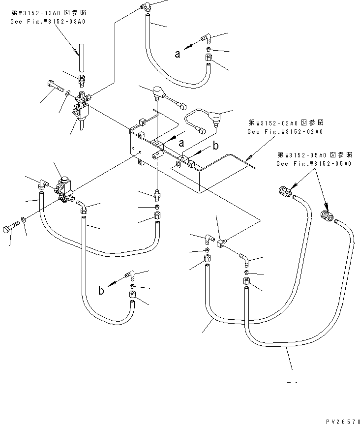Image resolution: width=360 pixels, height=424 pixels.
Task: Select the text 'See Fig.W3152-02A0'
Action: [x=285, y=132]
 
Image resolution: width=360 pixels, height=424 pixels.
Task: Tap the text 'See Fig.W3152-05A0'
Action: [x=313, y=164]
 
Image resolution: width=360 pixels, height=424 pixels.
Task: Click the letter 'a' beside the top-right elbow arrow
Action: [x=178, y=55]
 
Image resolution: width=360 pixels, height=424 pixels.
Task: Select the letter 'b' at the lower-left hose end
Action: [x=101, y=291]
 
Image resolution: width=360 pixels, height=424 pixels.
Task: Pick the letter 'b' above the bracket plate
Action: [x=215, y=146]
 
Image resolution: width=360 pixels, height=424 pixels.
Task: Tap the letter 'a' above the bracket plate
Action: [x=181, y=143]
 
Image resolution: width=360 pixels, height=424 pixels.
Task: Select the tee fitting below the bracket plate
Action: [x=220, y=240]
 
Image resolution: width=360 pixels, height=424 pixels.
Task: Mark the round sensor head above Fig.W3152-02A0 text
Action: [x=214, y=117]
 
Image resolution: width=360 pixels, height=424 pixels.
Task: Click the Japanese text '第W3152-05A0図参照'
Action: [x=313, y=154]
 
